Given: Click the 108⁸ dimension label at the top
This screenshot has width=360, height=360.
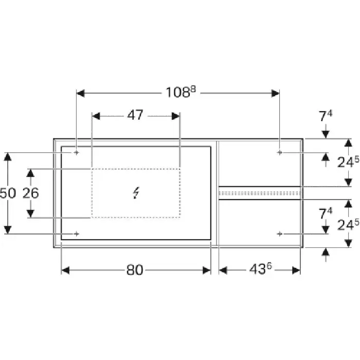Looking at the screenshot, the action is [x=181, y=92].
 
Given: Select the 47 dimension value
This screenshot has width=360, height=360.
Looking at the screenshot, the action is [x=135, y=115].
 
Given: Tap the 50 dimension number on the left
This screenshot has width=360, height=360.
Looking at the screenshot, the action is [x=8, y=193].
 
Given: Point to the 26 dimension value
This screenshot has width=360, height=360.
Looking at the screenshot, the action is [x=30, y=193].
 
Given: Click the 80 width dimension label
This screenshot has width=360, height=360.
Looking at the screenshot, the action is [x=135, y=270].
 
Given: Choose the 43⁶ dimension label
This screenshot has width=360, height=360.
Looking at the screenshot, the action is [x=260, y=268].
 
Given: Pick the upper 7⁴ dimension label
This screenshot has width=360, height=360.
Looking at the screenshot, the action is [x=326, y=116].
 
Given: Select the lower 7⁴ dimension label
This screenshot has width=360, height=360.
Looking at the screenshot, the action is [x=326, y=213].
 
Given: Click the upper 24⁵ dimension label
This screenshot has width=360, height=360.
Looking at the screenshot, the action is [x=348, y=161].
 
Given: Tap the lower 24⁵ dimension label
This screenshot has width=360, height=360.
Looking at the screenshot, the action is [x=348, y=225].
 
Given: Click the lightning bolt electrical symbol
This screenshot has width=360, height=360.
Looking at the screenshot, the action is [x=136, y=193].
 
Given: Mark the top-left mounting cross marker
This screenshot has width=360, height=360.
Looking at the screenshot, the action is [x=77, y=152].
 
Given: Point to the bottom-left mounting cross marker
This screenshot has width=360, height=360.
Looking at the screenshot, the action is [x=77, y=234].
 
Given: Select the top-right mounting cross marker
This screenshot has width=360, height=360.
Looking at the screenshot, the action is [x=279, y=152].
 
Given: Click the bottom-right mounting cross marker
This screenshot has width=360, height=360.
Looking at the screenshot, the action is [x=279, y=234].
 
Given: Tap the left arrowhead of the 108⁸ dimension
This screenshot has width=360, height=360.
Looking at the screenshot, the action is [x=80, y=94].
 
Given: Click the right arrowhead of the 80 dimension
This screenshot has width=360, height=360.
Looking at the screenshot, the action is [x=207, y=270].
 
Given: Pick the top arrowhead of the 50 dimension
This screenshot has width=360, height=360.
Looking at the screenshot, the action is [x=8, y=156].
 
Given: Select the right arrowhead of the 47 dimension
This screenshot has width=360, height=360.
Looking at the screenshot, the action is [x=176, y=116].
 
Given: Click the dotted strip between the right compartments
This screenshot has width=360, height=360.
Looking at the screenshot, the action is [x=259, y=193].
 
